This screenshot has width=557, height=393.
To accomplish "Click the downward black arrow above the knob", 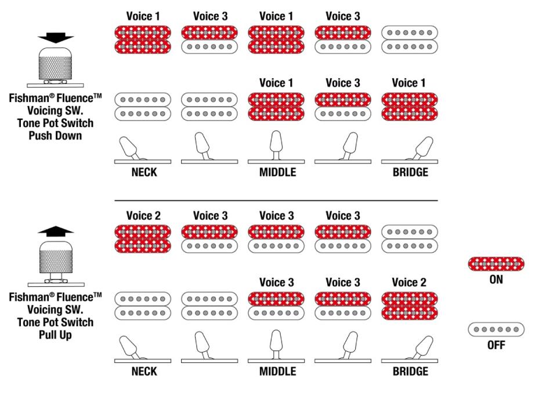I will click(56, 38).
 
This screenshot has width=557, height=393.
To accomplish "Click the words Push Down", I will click(56, 136).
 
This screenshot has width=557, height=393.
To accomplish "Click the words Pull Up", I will click(56, 334).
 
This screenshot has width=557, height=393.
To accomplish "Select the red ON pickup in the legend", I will click(496, 264).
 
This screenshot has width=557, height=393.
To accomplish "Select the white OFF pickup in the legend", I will click(496, 329).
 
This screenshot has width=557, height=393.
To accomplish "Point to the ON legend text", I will click(496, 279).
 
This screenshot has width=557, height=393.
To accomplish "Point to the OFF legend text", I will click(496, 345).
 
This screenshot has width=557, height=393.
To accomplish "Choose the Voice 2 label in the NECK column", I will click(143, 216).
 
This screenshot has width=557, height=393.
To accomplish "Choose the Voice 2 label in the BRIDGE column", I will click(408, 282).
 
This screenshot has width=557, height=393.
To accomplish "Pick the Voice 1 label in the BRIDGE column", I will click(408, 83).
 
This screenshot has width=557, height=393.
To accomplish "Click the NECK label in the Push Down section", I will click(143, 172).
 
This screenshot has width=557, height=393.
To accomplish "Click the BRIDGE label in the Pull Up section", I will click(410, 371).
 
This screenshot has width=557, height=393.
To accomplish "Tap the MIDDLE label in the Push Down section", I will click(277, 172).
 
